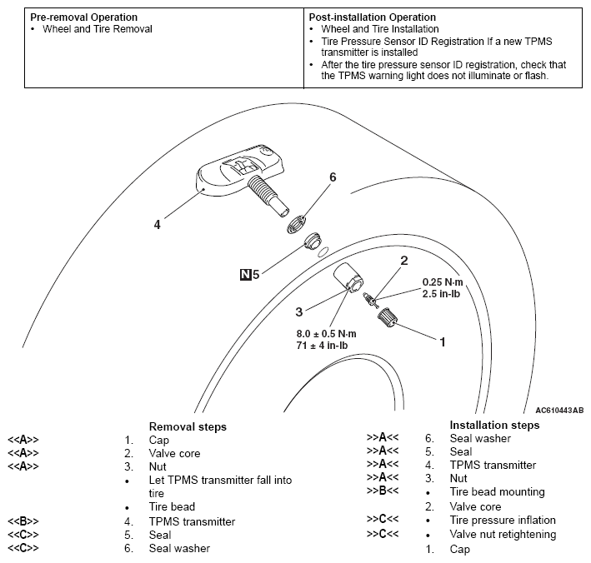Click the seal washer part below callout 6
(298, 222)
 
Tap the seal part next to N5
(313, 242)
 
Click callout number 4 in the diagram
(157, 223)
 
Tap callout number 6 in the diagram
(333, 177)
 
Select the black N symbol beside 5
(246, 273)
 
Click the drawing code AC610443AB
(559, 411)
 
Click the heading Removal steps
(188, 427)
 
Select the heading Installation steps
(494, 425)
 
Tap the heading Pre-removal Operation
(84, 17)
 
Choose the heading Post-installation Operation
(372, 17)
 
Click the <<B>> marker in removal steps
(23, 521)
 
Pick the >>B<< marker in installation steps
(381, 492)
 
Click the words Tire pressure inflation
(503, 521)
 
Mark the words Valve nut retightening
(503, 535)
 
